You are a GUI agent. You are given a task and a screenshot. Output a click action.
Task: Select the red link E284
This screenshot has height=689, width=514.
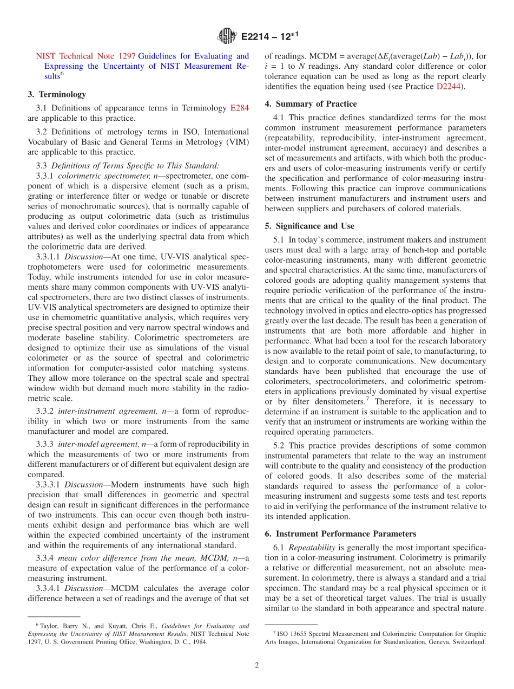pyautogui.click(x=239, y=108)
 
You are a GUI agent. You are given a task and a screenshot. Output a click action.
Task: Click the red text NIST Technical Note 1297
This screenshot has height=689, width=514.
pyautogui.click(x=85, y=56)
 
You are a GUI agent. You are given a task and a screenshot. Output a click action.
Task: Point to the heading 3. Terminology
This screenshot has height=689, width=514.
pyautogui.click(x=57, y=94)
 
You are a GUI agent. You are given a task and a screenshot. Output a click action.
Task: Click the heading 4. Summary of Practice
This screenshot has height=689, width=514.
pyautogui.click(x=311, y=104)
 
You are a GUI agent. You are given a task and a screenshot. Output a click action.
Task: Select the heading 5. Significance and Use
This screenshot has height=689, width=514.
pyautogui.click(x=309, y=226)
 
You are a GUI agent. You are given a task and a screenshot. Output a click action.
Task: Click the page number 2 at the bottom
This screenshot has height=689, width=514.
pyautogui.click(x=257, y=666)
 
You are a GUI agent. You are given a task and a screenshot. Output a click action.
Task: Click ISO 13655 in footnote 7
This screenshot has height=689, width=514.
pyautogui.click(x=293, y=634)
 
